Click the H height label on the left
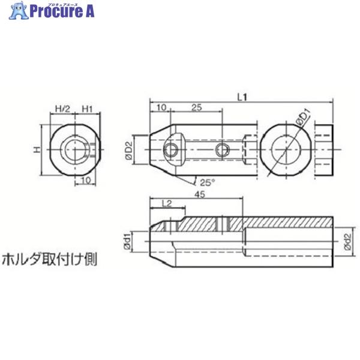coord(35,148)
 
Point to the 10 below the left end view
coord(86,180)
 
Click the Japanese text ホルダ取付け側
coord(50,260)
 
